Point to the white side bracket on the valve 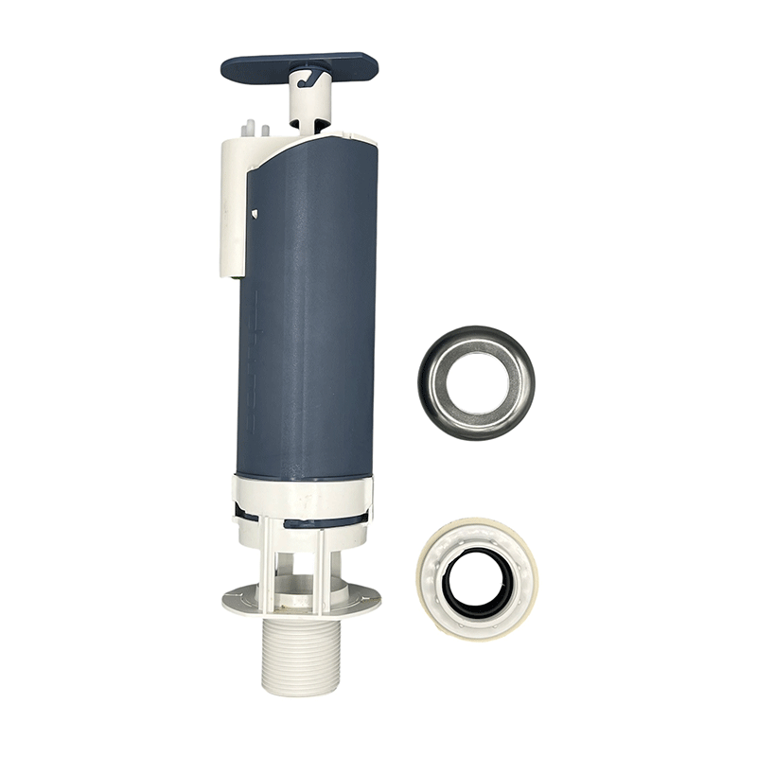tap(233, 199)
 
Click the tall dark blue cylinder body tap(308, 312)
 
